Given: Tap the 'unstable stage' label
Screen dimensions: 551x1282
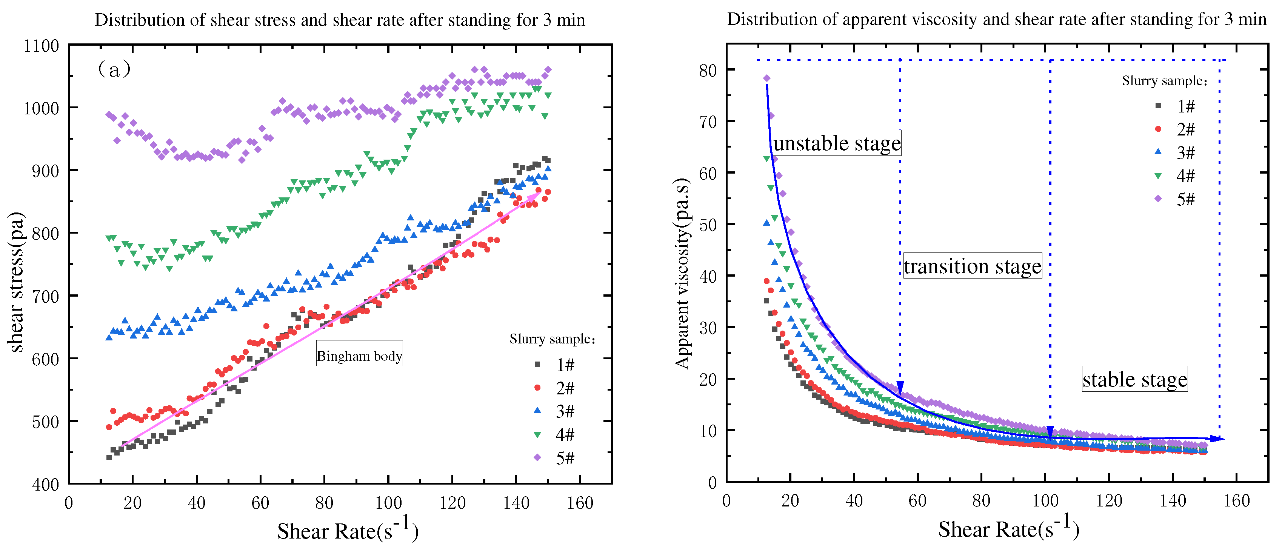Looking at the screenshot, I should (837, 143).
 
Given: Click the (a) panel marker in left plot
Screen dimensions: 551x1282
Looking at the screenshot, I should (114, 69).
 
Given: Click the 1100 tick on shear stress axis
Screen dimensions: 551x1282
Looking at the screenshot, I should (41, 46).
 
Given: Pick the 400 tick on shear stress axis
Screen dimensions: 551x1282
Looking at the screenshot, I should (45, 484).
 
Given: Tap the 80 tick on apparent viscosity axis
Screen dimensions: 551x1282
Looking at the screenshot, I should (707, 70).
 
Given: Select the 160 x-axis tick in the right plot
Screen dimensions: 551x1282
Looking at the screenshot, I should (1236, 501).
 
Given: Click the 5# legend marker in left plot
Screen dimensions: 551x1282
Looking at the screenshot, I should (537, 457).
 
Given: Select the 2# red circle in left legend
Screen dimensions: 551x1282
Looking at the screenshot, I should (537, 387).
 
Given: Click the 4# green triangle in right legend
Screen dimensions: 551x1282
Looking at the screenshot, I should (1158, 176).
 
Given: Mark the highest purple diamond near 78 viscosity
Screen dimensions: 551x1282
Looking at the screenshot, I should (766, 78).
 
